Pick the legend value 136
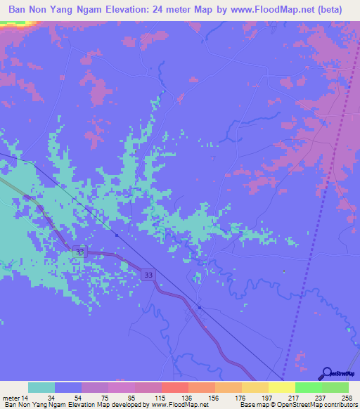188,397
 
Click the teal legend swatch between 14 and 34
41,387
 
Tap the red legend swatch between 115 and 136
174,387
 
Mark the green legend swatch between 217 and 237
308,387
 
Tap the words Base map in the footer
250,404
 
